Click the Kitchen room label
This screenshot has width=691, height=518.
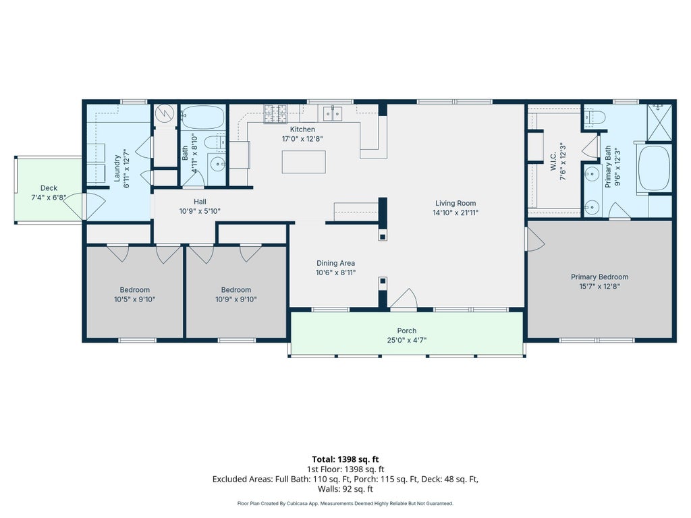point(302,129)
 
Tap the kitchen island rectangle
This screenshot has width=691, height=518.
point(304,162)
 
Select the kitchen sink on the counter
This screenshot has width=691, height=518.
point(333,113)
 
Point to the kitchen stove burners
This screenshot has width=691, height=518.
point(275,113)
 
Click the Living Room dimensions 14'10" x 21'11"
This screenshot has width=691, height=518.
point(455,212)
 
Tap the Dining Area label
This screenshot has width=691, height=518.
point(336,263)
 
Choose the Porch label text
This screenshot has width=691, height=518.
point(407,330)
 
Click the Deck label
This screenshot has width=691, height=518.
point(49,188)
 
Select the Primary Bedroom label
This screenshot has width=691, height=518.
point(600,277)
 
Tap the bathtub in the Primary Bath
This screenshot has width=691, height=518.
point(655,168)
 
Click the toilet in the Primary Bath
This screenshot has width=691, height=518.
point(595,117)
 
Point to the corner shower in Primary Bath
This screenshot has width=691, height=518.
point(659,122)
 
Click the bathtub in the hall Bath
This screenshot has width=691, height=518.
point(202,117)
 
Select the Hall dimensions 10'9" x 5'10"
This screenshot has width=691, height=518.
point(200,211)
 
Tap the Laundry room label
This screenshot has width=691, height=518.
point(117,168)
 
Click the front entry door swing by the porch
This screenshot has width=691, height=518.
point(404,299)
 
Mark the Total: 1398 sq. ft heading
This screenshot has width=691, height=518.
point(345,460)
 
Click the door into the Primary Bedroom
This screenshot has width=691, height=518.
point(534,239)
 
